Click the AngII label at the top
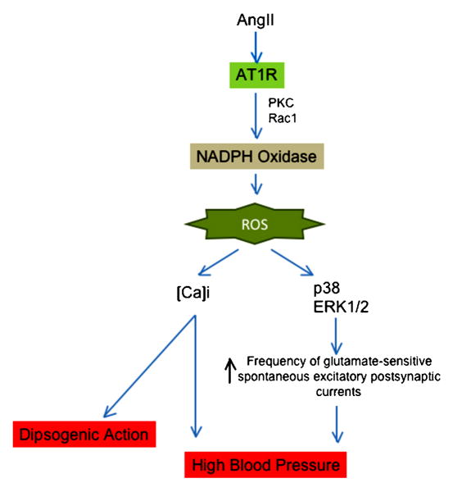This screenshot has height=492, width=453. pos(256,20)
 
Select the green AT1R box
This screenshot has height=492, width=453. pos(257,75)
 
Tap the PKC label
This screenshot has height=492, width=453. pos(281,102)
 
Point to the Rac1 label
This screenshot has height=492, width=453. pos(283,118)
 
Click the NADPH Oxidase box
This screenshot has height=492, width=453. pos(256,157)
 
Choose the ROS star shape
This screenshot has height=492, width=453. pos(255,224)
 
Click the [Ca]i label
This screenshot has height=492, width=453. pos(193,293)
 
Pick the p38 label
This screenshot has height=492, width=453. pos(327,289)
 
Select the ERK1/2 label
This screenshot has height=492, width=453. pos(341,307)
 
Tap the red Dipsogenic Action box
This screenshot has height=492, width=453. pos(84,435)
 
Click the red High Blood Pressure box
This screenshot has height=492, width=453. pos(265,465)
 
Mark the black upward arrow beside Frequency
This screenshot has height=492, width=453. pos(230,371)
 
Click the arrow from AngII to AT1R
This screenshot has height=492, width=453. pos(256,47)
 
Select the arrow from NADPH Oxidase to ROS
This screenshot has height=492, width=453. pos(256,184)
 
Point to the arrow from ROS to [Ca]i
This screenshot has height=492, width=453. pos(219,262)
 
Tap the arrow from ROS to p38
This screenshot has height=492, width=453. pos(292,262)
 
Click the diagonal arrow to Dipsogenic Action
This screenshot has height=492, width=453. pos(149,367)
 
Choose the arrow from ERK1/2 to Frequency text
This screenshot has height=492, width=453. pos(336,336)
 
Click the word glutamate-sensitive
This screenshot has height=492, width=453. pos(378,362)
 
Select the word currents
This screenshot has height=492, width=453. pos(338,392)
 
